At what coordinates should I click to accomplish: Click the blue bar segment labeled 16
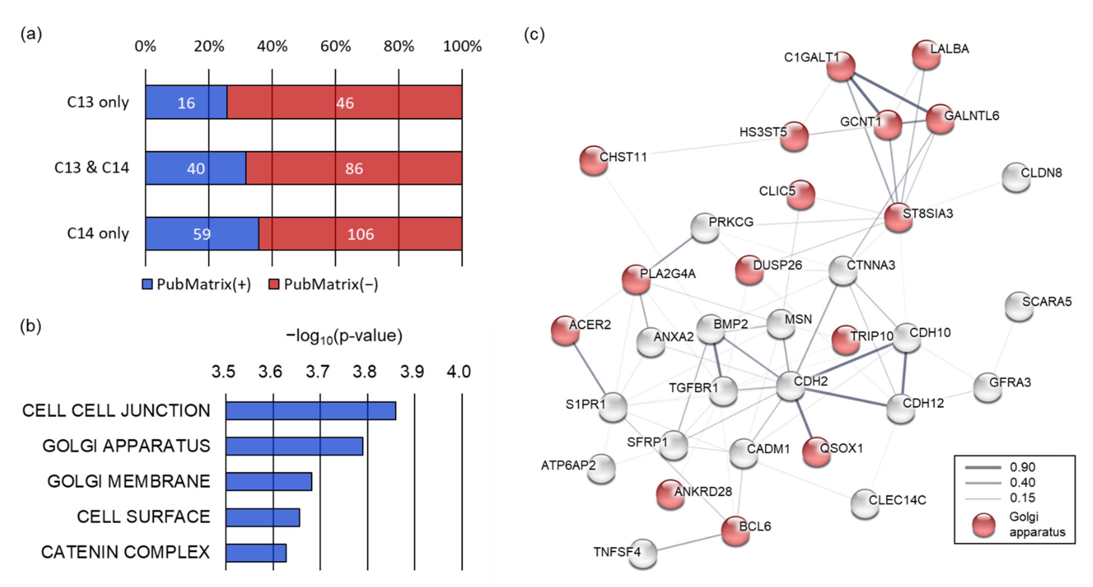(186, 102)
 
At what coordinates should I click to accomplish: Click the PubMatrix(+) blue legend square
(147, 284)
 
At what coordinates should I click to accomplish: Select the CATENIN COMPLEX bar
(256, 553)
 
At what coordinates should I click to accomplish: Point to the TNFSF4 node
(642, 553)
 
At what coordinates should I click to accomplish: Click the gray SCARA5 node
(1019, 306)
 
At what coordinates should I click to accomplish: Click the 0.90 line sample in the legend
(983, 467)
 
